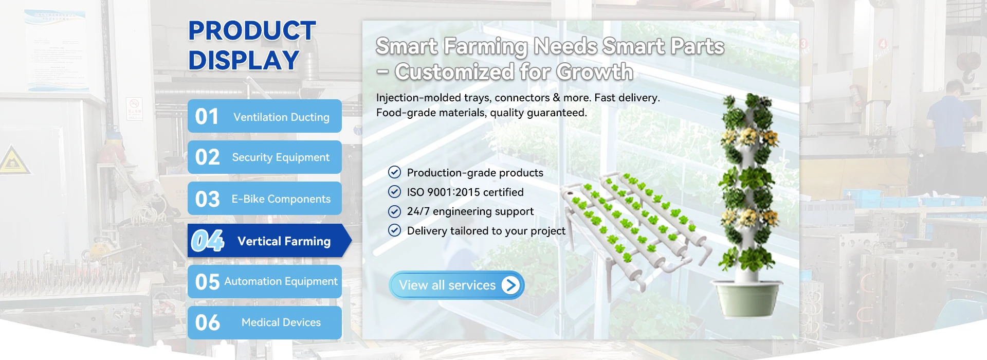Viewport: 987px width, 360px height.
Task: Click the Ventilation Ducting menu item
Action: click(264, 116)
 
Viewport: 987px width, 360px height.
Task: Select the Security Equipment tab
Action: click(264, 157)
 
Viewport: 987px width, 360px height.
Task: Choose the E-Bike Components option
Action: click(264, 199)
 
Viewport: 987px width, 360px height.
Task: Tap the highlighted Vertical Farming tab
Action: click(269, 241)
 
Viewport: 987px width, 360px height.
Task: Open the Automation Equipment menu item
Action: click(264, 281)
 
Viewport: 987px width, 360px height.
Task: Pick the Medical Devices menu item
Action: click(264, 322)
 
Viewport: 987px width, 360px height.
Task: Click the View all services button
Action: click(456, 285)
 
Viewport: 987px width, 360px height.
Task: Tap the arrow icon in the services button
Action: click(510, 285)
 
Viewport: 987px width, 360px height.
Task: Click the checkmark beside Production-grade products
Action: click(394, 172)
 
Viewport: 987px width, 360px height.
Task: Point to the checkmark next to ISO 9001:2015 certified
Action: click(394, 192)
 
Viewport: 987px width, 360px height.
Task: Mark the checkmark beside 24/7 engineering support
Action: click(394, 211)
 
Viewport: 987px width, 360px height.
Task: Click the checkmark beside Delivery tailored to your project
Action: click(394, 230)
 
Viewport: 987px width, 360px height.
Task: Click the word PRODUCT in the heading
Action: click(252, 31)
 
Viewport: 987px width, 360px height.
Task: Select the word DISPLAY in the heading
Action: click(244, 60)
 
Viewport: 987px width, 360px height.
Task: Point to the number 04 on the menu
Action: click(208, 241)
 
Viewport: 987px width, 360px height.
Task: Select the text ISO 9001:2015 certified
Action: click(465, 192)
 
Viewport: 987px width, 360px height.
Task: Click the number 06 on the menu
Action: click(208, 322)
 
